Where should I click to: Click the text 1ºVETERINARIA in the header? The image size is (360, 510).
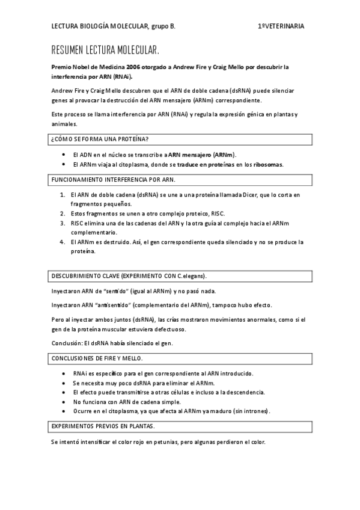[x=281, y=26]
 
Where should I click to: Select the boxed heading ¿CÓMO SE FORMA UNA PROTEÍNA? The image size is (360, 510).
[x=100, y=139]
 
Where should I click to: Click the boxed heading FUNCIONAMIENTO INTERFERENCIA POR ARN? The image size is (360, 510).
[x=114, y=180]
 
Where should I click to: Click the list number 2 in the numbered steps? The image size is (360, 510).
[x=63, y=214]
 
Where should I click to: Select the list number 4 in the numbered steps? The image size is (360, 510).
[x=63, y=242]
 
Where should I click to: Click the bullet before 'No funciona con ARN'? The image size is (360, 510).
[x=64, y=402]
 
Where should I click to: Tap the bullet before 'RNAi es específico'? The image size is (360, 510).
[x=64, y=373]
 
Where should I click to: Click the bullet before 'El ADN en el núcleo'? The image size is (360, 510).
[x=64, y=155]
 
